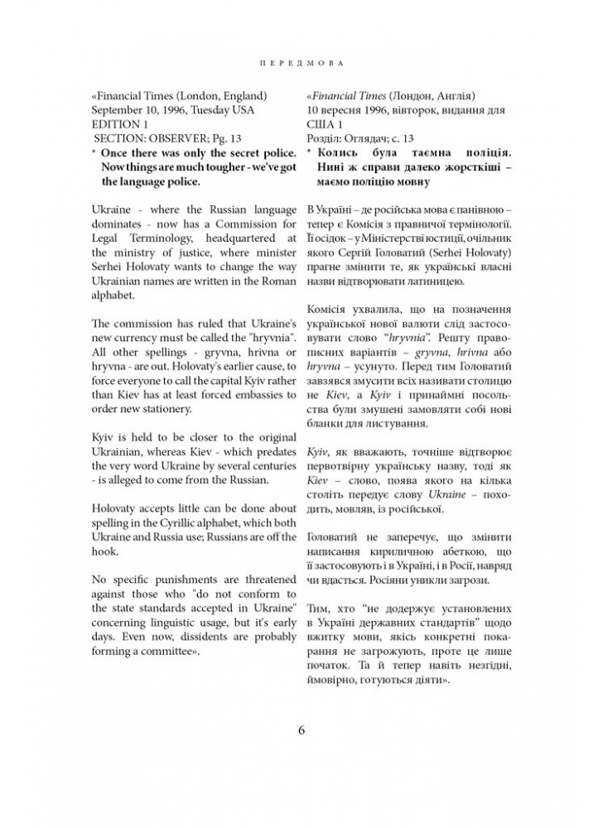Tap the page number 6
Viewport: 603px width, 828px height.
click(x=301, y=729)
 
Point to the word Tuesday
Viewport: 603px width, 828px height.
click(x=214, y=110)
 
